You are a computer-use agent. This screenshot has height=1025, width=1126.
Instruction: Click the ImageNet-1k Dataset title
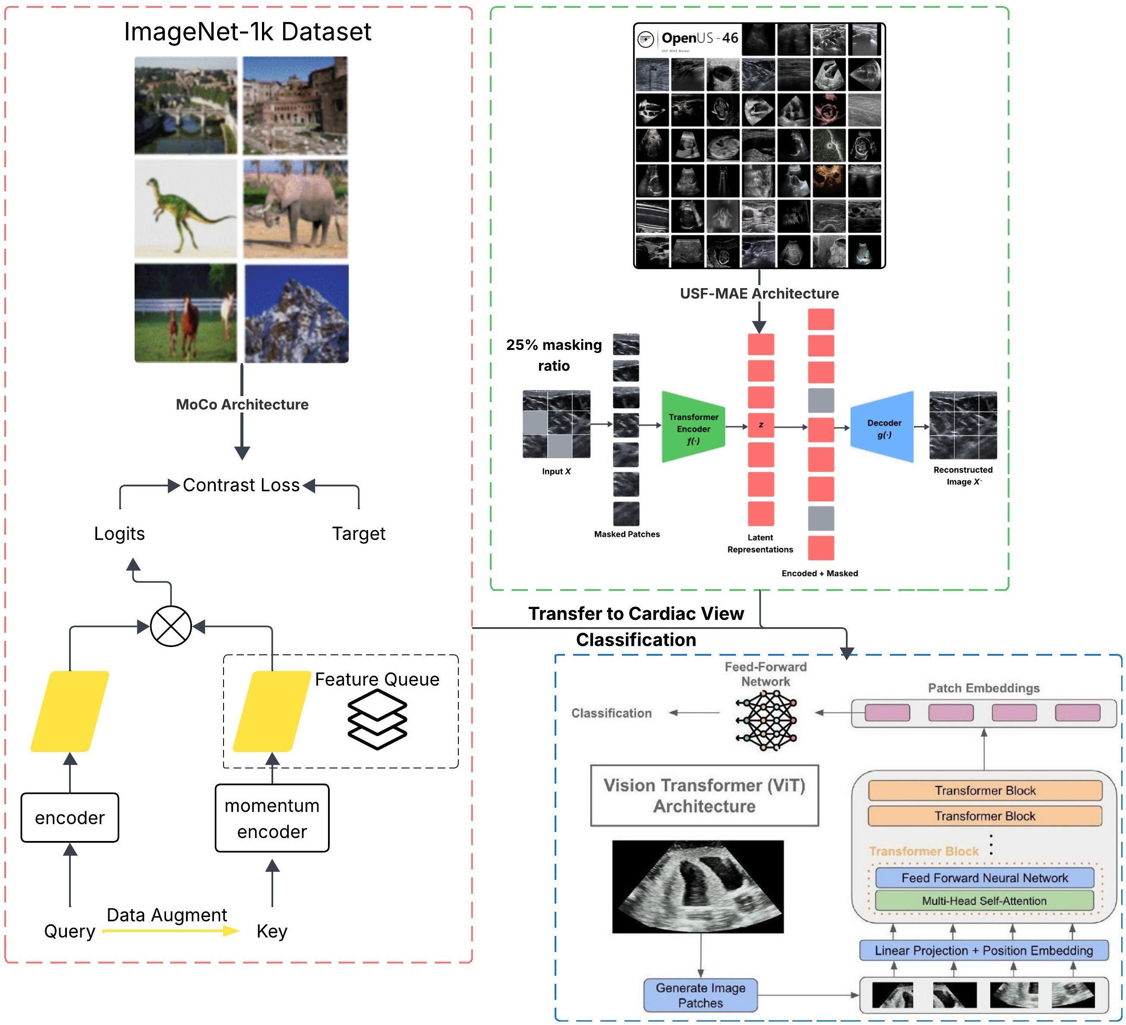click(x=247, y=32)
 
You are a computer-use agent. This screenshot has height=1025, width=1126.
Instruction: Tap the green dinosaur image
click(x=186, y=209)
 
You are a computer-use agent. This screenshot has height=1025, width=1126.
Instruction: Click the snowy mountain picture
click(x=296, y=314)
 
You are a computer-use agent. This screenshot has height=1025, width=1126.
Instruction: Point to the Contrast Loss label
click(x=241, y=485)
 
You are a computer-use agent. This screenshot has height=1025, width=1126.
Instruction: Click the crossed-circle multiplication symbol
click(x=171, y=626)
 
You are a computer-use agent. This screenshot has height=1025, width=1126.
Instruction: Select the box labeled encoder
click(x=70, y=817)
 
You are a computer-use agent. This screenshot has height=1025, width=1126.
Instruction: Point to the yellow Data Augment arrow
click(x=171, y=930)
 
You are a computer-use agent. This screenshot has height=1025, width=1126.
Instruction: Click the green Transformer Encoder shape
click(x=693, y=428)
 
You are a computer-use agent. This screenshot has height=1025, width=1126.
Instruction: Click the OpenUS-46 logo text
click(x=699, y=38)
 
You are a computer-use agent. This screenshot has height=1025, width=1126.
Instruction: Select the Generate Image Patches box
click(x=700, y=995)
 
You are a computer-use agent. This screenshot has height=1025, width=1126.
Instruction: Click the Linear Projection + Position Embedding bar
click(x=984, y=950)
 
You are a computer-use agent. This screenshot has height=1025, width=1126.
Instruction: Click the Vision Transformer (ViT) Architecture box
click(x=704, y=795)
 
